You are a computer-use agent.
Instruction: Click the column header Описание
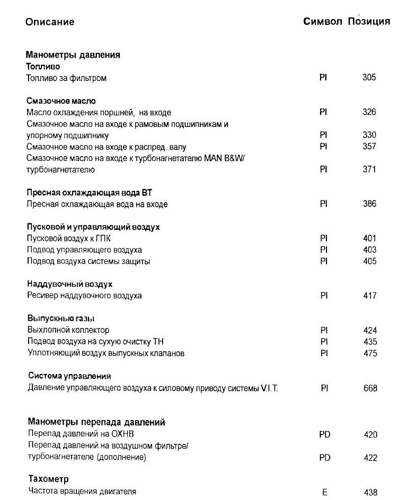[x=50, y=22]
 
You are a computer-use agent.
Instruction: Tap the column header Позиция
[x=369, y=22]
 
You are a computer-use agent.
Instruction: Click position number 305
[x=369, y=78]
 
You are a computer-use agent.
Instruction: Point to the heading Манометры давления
[x=73, y=55]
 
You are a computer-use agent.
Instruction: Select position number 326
[x=369, y=112]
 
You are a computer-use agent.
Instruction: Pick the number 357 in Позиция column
[x=369, y=147]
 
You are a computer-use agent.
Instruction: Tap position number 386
[x=369, y=204]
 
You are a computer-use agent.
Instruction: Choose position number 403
[x=369, y=250]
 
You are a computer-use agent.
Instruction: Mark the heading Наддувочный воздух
[x=69, y=284]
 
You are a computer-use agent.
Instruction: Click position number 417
[x=369, y=296]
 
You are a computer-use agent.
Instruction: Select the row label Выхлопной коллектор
[x=68, y=330]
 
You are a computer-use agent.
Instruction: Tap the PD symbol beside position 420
[x=325, y=435]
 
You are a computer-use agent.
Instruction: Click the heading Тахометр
[x=48, y=479]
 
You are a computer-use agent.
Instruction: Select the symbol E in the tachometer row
[x=325, y=492]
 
